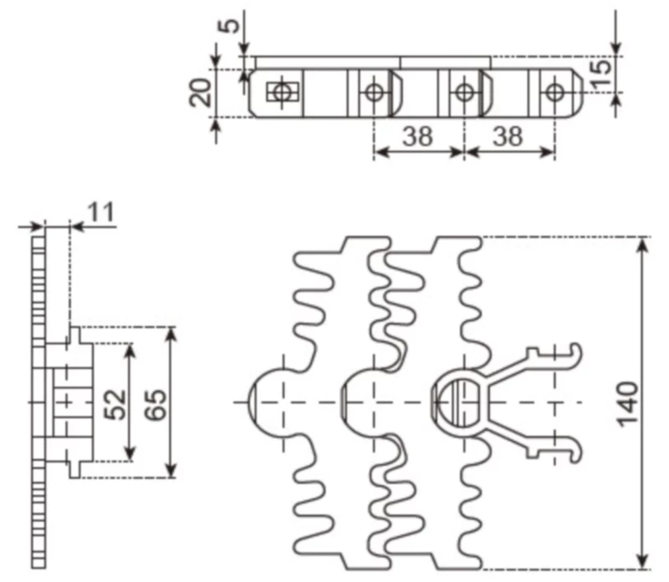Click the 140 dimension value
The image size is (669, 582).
coord(629,403)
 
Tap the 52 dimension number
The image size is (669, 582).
coord(118,403)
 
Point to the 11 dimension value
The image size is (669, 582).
coord(101,212)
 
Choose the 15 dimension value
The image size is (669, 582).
coord(600,74)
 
